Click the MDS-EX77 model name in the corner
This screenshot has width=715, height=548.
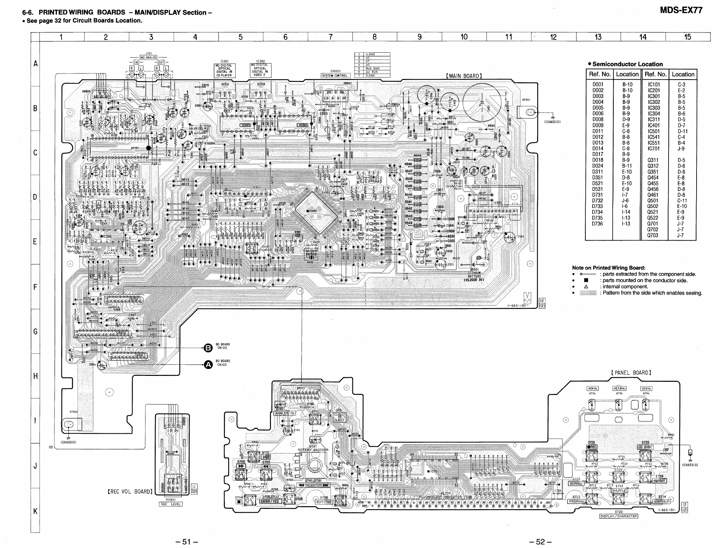(x=681, y=10)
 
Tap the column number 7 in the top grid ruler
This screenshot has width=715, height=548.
(x=330, y=37)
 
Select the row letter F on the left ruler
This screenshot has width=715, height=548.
(x=35, y=287)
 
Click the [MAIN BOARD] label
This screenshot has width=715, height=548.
(x=464, y=76)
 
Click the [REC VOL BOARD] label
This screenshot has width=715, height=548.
(x=130, y=491)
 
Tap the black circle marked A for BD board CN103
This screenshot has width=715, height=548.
(x=208, y=364)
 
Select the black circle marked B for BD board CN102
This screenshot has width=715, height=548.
(x=208, y=348)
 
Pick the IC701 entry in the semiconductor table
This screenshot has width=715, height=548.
(x=653, y=148)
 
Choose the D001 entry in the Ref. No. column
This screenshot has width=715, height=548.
(x=598, y=85)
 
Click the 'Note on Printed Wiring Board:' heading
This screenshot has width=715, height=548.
(x=609, y=268)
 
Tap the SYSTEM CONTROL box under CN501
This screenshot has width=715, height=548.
(x=334, y=75)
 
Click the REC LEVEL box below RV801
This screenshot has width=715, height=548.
(x=171, y=504)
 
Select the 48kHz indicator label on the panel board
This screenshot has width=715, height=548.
(x=593, y=388)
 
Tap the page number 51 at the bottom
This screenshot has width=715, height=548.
(x=187, y=541)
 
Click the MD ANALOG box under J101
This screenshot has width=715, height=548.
(x=148, y=58)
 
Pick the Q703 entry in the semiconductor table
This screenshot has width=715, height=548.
(x=652, y=235)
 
